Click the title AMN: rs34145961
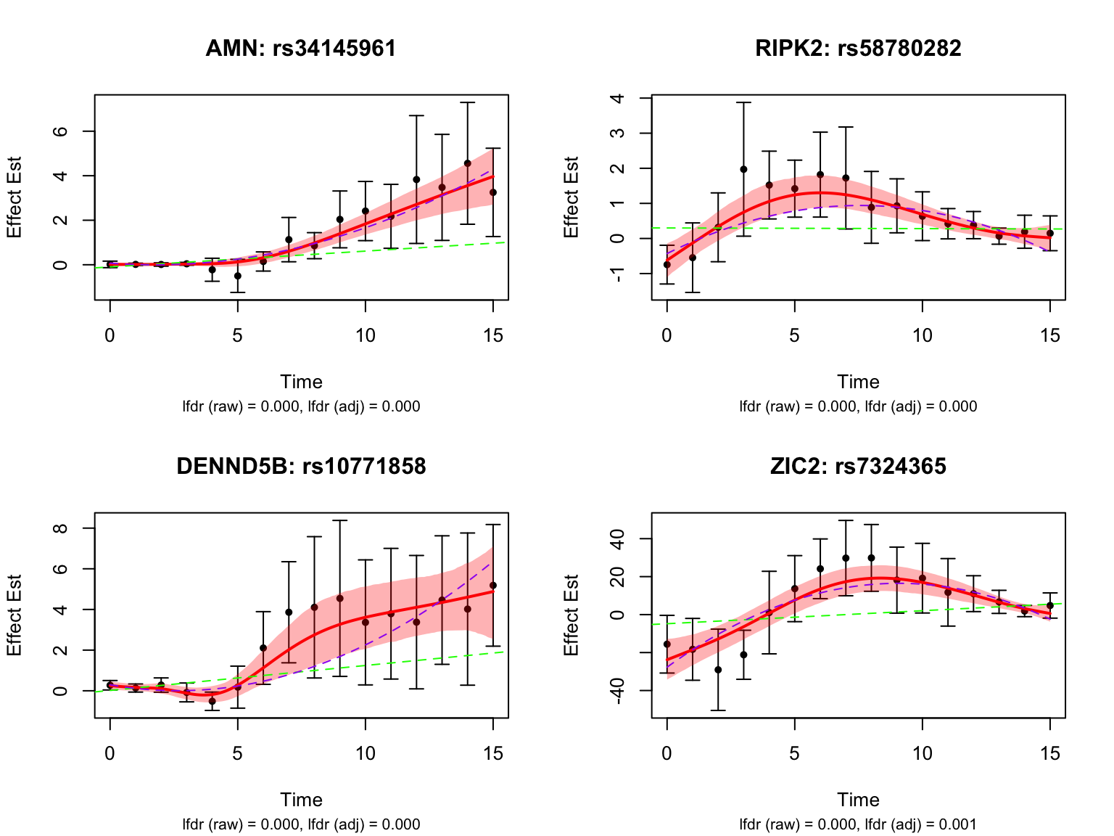(301, 49)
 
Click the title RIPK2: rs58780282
(858, 49)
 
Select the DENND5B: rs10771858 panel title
(301, 467)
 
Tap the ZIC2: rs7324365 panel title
(858, 467)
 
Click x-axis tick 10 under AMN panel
(366, 336)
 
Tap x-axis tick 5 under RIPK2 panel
(794, 336)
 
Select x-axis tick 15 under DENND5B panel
(493, 754)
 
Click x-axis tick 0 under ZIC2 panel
(667, 754)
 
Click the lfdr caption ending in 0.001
(858, 824)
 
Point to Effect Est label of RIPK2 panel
(572, 197)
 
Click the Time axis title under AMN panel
(301, 382)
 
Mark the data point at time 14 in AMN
(468, 163)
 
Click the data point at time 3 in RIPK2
(743, 169)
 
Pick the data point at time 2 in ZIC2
(718, 670)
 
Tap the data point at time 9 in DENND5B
(339, 598)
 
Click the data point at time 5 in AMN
(237, 276)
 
